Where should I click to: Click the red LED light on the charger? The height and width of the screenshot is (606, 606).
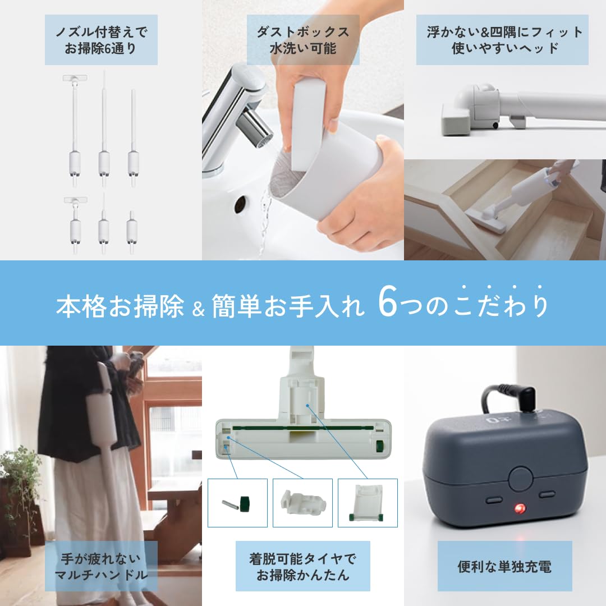[x=517, y=508]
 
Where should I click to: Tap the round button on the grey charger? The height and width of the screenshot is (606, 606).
[x=521, y=479]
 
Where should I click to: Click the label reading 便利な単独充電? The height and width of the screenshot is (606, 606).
[x=504, y=566]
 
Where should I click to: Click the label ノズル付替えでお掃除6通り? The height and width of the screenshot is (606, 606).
[x=101, y=40]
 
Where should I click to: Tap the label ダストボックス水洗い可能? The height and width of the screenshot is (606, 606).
[x=303, y=40]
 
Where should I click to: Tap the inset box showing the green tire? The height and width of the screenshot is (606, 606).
[x=237, y=503]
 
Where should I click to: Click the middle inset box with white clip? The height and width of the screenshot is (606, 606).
[x=302, y=503]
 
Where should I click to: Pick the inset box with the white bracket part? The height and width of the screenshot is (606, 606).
[x=368, y=503]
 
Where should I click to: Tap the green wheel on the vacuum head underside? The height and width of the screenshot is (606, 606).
[x=379, y=447]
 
